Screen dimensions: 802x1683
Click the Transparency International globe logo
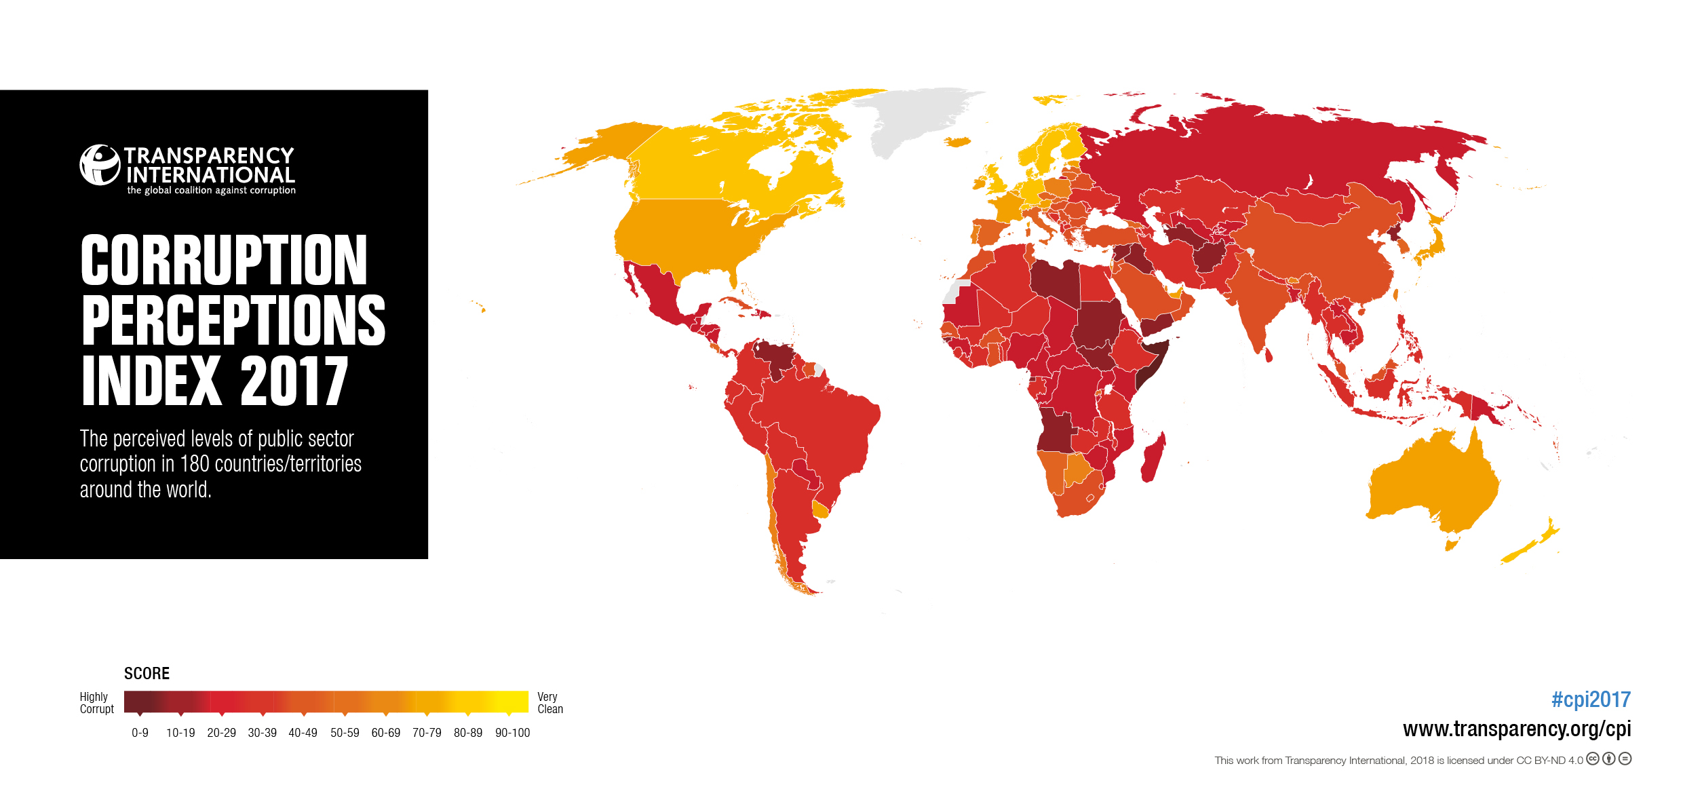(x=100, y=165)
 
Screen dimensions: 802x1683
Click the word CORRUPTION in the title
(x=224, y=261)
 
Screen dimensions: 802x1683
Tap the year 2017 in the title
(x=294, y=381)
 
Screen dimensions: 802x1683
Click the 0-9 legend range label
(x=140, y=733)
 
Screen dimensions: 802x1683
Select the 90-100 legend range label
(x=512, y=733)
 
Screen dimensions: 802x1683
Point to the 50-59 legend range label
(x=345, y=733)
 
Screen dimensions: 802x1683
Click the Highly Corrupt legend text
(x=96, y=703)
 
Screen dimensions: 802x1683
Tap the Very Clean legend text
(x=549, y=703)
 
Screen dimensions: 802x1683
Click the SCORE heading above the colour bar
(x=147, y=674)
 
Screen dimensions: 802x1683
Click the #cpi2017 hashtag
(x=1591, y=700)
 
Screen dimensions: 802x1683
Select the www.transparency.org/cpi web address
(x=1517, y=729)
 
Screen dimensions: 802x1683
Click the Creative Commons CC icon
(x=1592, y=759)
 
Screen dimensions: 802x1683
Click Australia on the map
(x=1431, y=482)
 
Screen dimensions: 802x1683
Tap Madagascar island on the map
(x=1153, y=458)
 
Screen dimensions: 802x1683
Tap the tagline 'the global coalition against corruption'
(x=211, y=191)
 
